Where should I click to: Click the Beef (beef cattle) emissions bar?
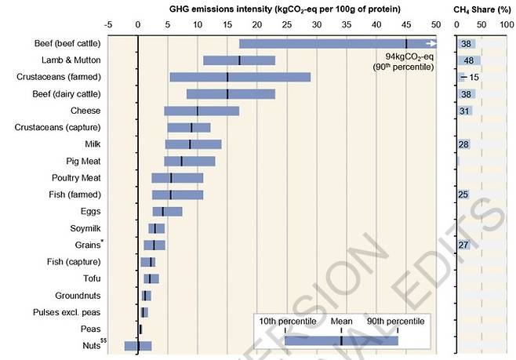(x=329, y=44)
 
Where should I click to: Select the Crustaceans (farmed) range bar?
(x=240, y=77)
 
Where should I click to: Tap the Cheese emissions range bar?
(x=202, y=111)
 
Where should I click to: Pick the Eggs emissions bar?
(x=167, y=211)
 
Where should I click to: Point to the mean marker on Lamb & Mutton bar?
(x=239, y=60)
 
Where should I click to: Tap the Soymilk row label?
(x=82, y=228)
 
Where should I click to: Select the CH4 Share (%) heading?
(x=479, y=9)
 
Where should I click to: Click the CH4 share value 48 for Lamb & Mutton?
(x=469, y=60)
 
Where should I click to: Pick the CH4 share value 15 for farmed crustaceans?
(x=474, y=77)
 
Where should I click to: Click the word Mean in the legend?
(x=341, y=321)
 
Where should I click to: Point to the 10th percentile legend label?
(x=287, y=321)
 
